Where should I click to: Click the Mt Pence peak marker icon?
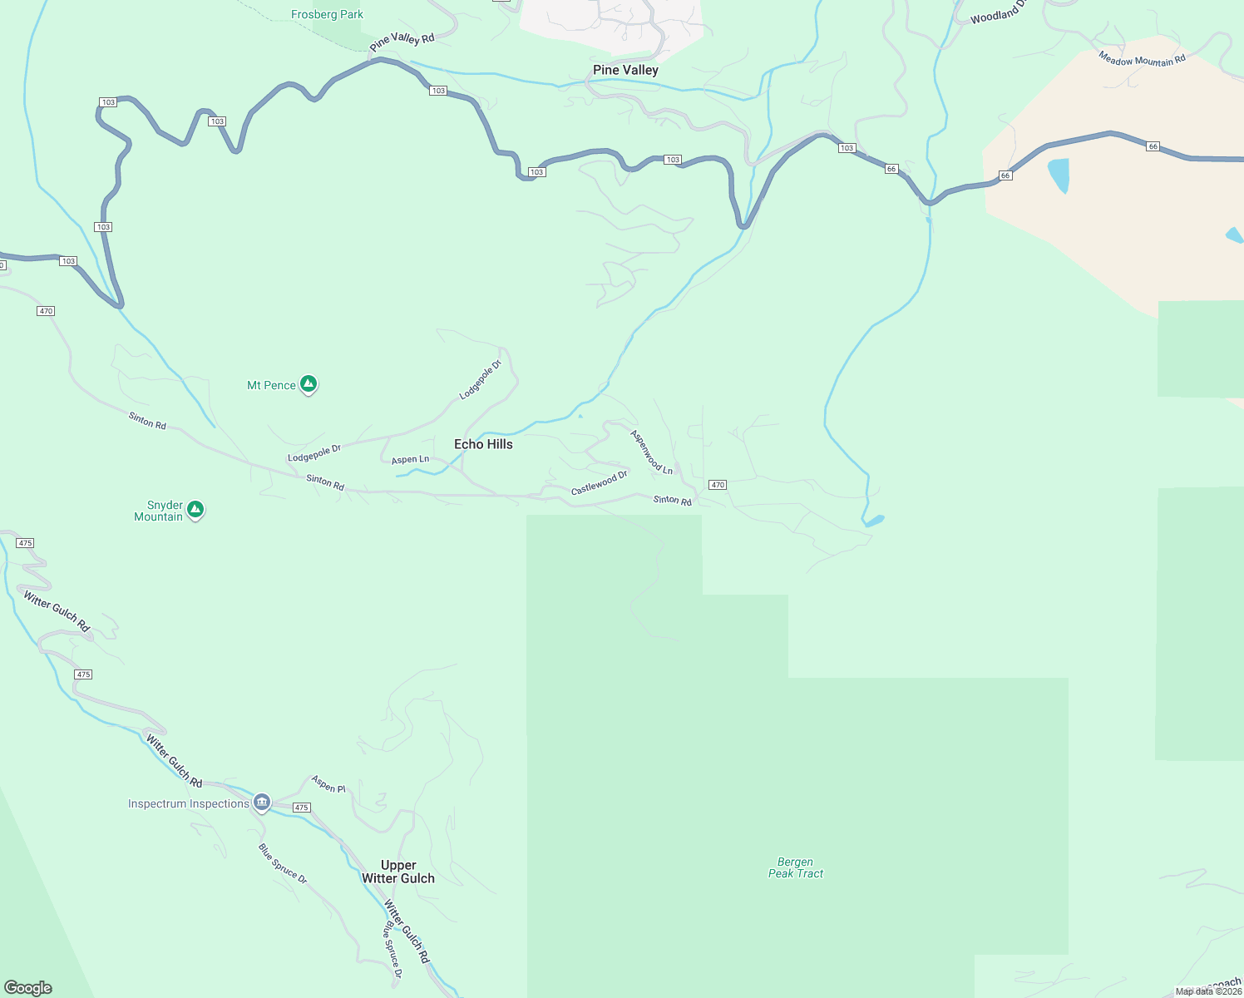point(309,384)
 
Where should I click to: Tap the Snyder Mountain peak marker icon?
point(195,510)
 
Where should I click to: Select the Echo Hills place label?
point(483,444)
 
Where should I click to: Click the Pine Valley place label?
point(625,70)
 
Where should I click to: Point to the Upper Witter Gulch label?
point(398,872)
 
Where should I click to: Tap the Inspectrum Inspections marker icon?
point(262,803)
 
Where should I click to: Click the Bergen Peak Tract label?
point(796,867)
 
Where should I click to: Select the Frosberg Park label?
point(327,14)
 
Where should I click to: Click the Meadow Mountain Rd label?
point(1142,58)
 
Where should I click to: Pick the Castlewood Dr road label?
point(599,483)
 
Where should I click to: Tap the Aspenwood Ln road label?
point(652,452)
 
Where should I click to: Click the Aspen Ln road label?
point(410,459)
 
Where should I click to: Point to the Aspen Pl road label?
point(328,783)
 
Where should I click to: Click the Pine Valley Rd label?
point(402,41)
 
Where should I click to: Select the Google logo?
point(28,988)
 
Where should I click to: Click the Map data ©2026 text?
point(1208,991)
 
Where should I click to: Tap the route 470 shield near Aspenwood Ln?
point(718,485)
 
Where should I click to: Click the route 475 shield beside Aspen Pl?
point(301,808)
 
